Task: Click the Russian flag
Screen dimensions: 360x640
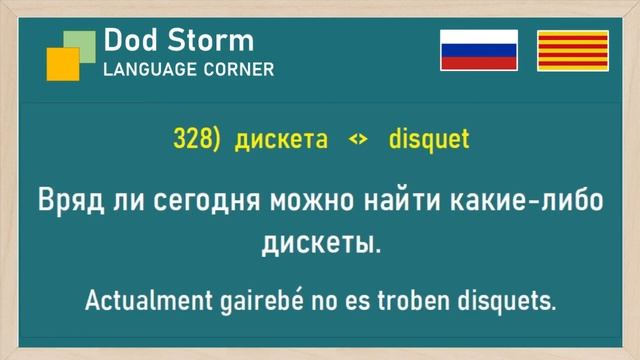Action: point(479,50)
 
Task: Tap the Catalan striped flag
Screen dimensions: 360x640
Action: point(573,50)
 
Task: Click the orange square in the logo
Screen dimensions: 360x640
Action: point(62,64)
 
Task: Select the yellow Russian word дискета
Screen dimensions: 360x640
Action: point(281,140)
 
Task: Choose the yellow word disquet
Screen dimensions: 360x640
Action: point(430,140)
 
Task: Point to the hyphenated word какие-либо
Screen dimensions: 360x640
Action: point(531,200)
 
